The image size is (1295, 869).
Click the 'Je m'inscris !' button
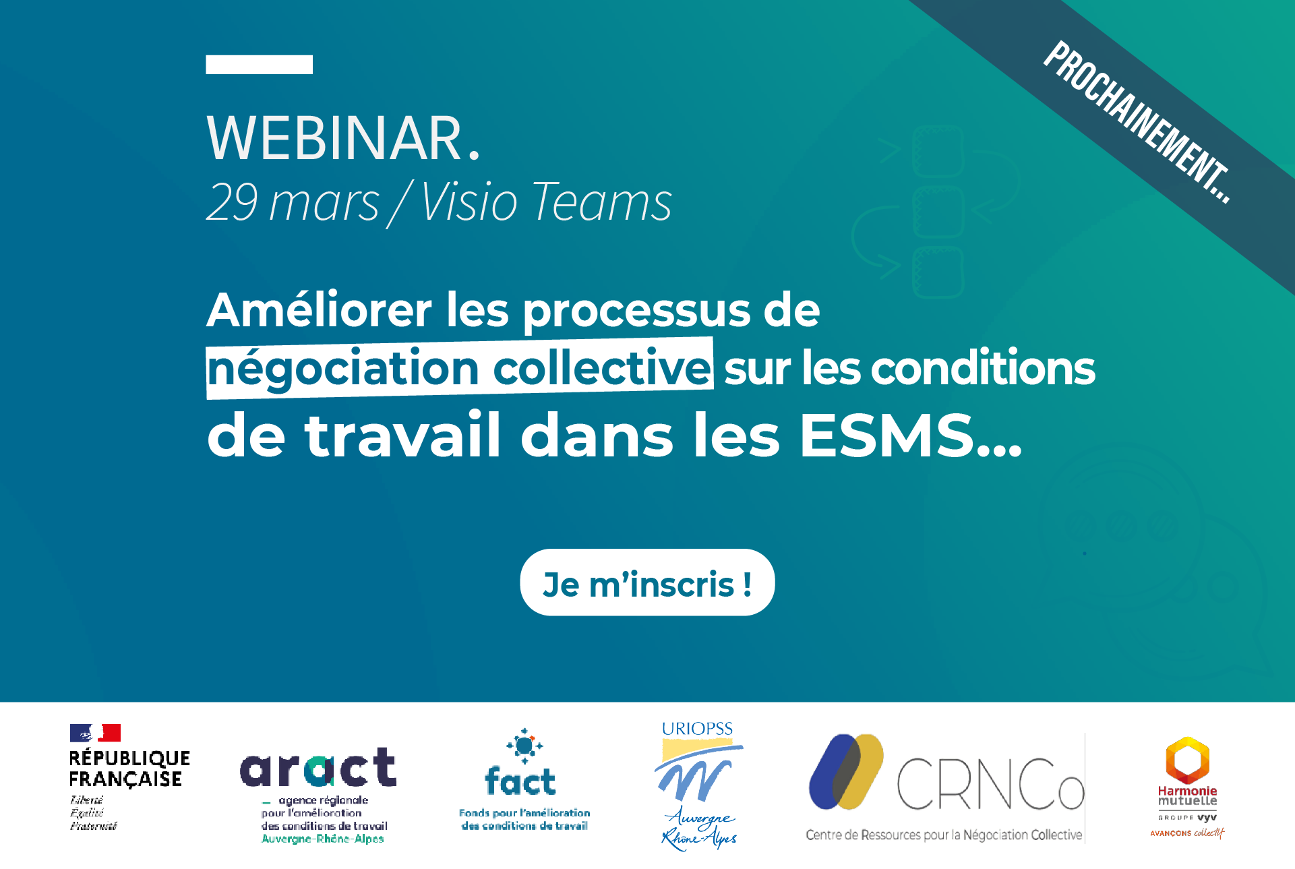click(x=647, y=582)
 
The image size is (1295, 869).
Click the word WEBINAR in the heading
click(x=334, y=138)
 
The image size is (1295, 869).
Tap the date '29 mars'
click(x=293, y=202)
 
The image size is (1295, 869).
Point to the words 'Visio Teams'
click(x=546, y=202)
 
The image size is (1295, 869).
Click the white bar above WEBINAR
click(x=259, y=64)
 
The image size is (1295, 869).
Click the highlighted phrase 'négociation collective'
click(x=460, y=368)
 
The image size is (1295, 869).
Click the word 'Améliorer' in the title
click(x=319, y=310)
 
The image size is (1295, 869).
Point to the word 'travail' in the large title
click(x=402, y=435)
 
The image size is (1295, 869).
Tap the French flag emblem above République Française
click(x=95, y=733)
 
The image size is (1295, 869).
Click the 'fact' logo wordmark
click(x=520, y=781)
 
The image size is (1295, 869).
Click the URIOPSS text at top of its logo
click(x=697, y=729)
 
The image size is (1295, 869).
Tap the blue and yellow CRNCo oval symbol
click(x=847, y=772)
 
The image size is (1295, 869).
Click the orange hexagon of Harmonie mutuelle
click(x=1188, y=760)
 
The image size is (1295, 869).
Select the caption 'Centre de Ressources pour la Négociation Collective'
click(x=944, y=835)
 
